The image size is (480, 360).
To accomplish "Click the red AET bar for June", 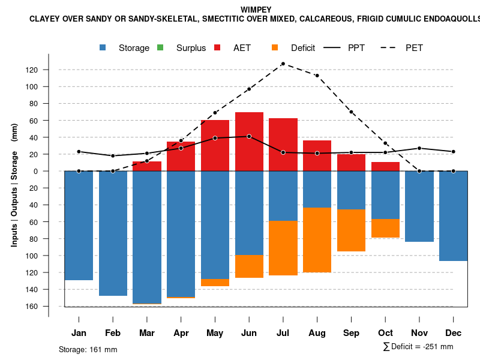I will [x=249, y=142].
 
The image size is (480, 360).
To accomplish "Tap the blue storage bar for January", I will [x=79, y=226].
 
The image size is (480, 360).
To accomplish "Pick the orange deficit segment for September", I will [x=351, y=230].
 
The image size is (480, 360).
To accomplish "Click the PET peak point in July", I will [x=283, y=64].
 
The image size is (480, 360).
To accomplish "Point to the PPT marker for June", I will [x=249, y=136].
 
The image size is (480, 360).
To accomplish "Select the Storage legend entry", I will [x=125, y=48].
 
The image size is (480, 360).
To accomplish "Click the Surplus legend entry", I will [x=182, y=48].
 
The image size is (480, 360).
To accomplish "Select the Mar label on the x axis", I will [x=147, y=333].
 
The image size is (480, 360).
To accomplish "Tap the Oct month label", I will [x=385, y=333].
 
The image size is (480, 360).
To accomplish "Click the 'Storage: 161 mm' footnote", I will [x=88, y=349].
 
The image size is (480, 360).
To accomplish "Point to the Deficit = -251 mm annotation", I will [x=418, y=347].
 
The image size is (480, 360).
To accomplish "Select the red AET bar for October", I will [x=385, y=166].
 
